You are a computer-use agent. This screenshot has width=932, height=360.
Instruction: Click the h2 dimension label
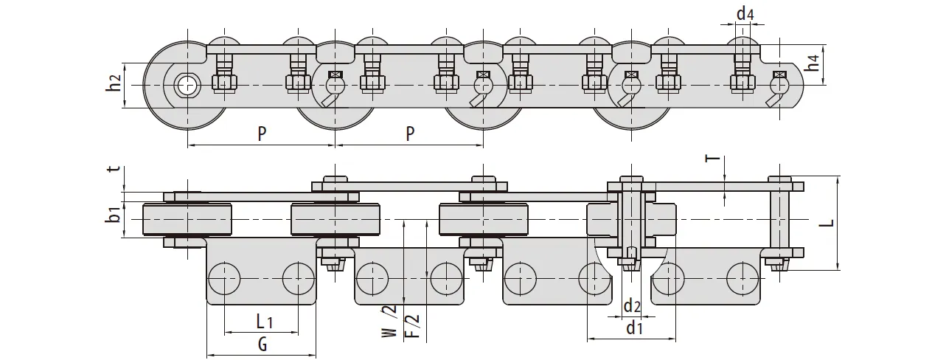click(113, 85)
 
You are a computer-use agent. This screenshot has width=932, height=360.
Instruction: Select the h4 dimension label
click(812, 63)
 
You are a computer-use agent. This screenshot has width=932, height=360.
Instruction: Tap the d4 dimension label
click(745, 13)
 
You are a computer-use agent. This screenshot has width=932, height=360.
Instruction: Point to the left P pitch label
click(262, 134)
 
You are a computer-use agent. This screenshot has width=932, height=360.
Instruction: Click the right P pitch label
click(410, 134)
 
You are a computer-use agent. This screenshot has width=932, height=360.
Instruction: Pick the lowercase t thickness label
click(113, 169)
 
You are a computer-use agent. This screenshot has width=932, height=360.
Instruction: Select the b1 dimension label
click(113, 216)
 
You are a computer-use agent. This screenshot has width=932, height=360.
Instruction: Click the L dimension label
click(831, 221)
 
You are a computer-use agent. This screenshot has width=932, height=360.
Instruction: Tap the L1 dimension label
click(264, 322)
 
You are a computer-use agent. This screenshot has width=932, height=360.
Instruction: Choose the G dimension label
click(262, 345)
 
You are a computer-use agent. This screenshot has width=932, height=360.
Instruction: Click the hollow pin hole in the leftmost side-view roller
click(187, 85)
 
